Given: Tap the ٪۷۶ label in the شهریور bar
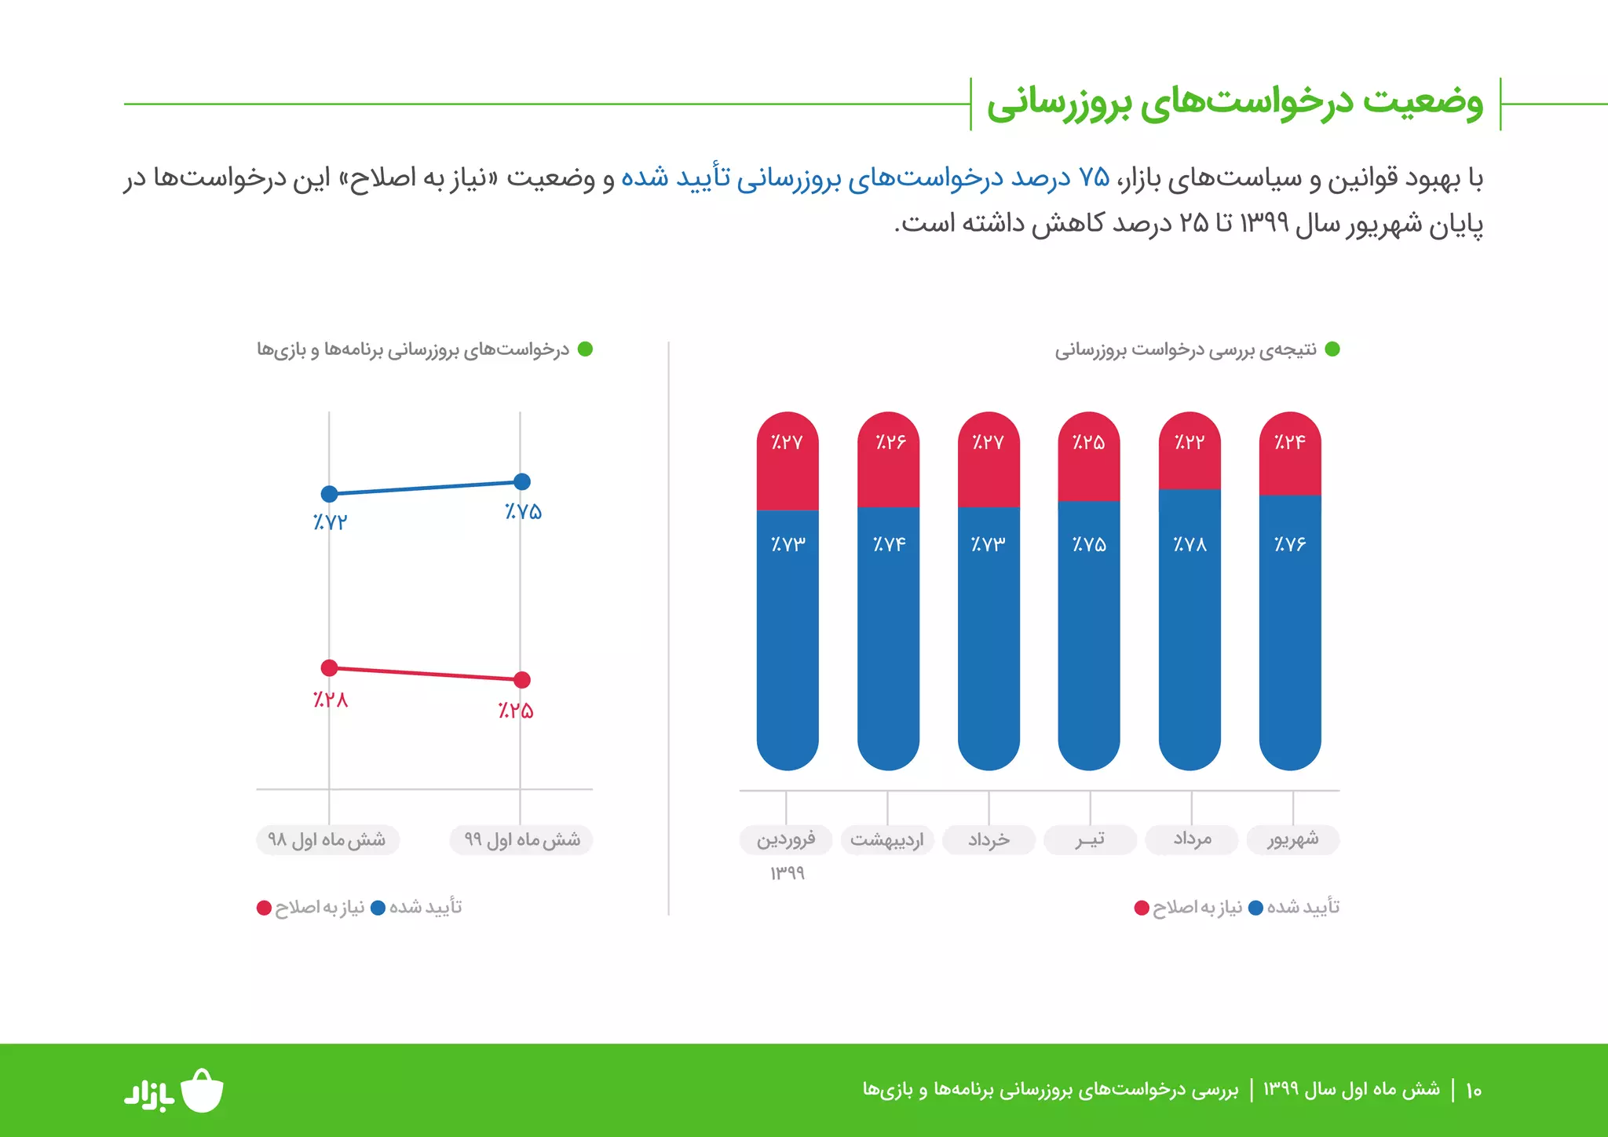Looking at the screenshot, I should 1290,544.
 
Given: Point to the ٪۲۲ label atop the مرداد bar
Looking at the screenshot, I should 1190,442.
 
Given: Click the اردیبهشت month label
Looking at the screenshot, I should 887,839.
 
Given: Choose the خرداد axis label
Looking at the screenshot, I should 989,839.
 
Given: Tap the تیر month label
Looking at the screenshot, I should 1090,839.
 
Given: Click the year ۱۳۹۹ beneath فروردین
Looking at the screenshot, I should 788,873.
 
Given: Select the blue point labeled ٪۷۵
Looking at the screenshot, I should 521,481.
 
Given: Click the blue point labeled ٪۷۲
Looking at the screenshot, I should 330,494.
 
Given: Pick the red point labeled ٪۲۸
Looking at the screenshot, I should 330,667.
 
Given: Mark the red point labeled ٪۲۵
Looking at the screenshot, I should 521,679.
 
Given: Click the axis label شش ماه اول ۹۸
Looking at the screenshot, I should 327,839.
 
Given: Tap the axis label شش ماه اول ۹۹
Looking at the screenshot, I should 521,839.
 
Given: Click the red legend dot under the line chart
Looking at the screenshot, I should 264,908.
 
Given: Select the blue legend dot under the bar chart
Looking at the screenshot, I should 1255,908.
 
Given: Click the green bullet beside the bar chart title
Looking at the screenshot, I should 1332,349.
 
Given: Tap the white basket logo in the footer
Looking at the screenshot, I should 203,1091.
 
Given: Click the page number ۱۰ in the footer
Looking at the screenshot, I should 1473,1090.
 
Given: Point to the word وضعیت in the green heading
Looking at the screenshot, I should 1423,102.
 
